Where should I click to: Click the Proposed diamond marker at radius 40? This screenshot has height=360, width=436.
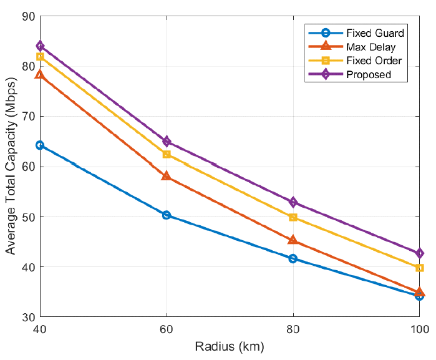[x=40, y=46]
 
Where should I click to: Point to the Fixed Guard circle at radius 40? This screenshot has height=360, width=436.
[x=40, y=145]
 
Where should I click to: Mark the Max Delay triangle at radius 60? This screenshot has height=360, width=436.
[x=167, y=176]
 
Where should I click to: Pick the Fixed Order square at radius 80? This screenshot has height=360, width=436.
[x=293, y=217]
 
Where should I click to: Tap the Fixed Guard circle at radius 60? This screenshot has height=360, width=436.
[x=167, y=215]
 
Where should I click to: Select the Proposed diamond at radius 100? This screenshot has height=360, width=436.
[x=420, y=253]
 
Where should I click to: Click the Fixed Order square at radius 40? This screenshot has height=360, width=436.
[x=40, y=57]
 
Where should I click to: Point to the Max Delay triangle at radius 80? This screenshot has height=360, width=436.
[x=293, y=240]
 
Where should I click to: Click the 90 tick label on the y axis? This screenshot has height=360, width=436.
[x=28, y=16]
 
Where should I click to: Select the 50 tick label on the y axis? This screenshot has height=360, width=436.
[x=28, y=217]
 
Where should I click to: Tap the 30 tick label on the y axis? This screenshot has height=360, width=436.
[x=28, y=318]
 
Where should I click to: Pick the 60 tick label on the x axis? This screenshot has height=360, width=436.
[x=167, y=329]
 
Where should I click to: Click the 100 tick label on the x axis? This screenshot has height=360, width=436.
[x=418, y=329]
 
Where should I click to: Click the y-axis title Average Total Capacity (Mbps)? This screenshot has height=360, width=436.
[x=11, y=167]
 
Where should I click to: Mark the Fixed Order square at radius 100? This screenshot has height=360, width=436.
[x=420, y=268]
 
